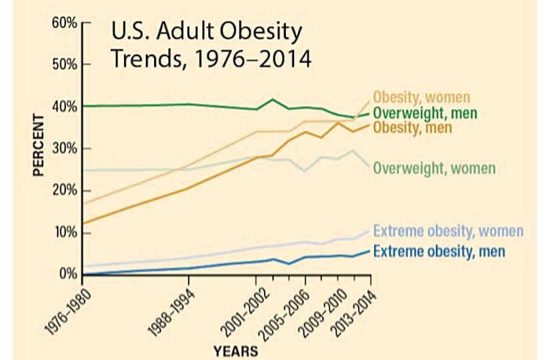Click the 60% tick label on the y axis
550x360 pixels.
[x=63, y=23]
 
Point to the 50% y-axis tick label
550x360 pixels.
[x=63, y=65]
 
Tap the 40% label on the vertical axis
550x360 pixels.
[x=63, y=107]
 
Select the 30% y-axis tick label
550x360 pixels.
[x=63, y=149]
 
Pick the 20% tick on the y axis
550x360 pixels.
[x=63, y=191]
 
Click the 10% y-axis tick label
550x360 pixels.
[x=63, y=233]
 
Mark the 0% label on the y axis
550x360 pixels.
[x=67, y=274]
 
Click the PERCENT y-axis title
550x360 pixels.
[x=39, y=147]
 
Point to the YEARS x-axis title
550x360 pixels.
[x=237, y=349]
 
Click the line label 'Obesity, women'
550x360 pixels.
[x=421, y=97]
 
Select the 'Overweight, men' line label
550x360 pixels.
[x=425, y=113]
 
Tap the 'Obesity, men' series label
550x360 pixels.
[x=413, y=127]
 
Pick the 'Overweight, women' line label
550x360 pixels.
[x=434, y=167]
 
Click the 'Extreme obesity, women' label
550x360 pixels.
[x=448, y=232]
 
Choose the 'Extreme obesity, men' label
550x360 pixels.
[x=439, y=251]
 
